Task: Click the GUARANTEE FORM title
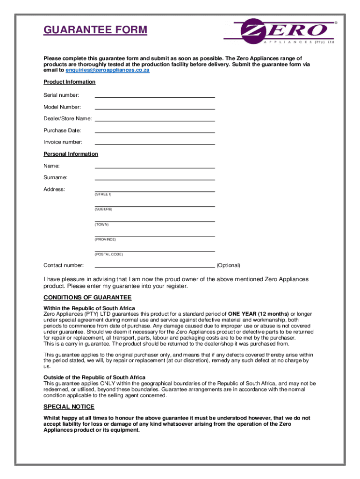pos(95,30)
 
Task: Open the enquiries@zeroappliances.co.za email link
pos(108,70)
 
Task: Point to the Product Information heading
pos(69,82)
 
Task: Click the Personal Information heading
pos(71,154)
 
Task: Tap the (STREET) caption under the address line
pos(103,194)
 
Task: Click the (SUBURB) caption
pos(103,209)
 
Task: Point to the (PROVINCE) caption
pos(105,239)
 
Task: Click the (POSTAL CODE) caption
pos(109,254)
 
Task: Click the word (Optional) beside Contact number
pos(228,265)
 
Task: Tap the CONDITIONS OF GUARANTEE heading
pos(87,298)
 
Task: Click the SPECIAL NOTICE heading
pos(69,406)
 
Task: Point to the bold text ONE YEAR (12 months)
pos(259,313)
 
